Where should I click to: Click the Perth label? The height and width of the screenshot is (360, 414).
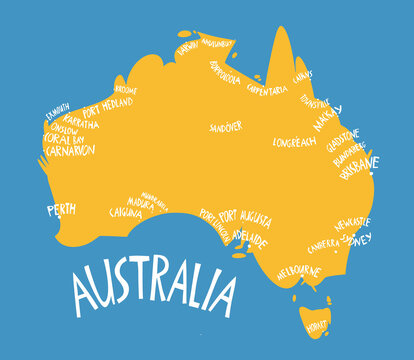[61, 210]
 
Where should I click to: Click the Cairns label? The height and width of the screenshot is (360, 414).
[303, 75]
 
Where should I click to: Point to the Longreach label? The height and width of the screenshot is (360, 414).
[295, 142]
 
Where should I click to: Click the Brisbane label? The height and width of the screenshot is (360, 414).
[358, 163]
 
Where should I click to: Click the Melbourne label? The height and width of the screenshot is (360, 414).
[298, 271]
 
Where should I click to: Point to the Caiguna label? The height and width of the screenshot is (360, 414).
[126, 212]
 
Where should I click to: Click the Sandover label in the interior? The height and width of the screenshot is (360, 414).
[225, 128]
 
